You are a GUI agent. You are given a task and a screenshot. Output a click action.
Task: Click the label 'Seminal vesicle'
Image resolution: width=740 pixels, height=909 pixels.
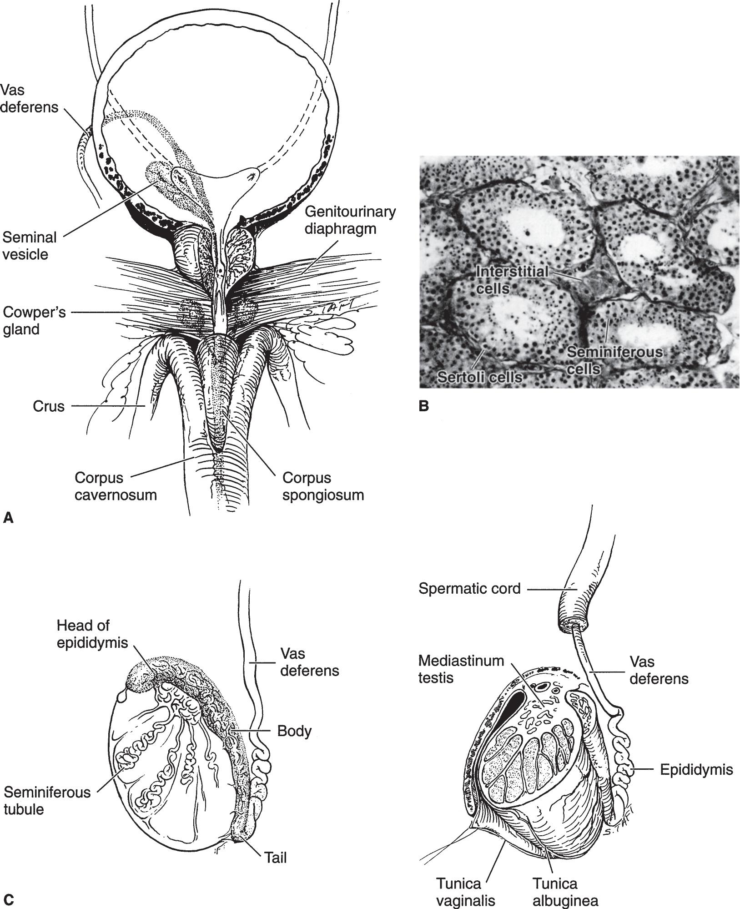pyautogui.click(x=30, y=246)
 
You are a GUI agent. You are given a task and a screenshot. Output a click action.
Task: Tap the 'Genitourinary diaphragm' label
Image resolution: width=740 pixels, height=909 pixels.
pyautogui.click(x=350, y=220)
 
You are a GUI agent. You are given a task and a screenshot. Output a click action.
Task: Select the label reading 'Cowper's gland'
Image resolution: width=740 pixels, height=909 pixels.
pyautogui.click(x=34, y=321)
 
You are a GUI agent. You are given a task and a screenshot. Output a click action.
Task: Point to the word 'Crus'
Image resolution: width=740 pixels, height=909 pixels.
pyautogui.click(x=49, y=406)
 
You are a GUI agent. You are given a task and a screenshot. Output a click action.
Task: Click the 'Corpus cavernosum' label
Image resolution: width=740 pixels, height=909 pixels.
pyautogui.click(x=116, y=486)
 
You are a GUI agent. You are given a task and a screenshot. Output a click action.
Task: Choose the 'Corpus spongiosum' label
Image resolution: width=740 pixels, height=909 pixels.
pyautogui.click(x=323, y=486)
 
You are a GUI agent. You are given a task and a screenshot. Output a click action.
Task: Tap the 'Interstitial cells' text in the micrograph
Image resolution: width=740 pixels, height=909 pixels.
pyautogui.click(x=512, y=279)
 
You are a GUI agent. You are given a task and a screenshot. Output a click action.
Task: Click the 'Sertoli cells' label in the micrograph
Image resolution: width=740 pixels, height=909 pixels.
pyautogui.click(x=479, y=376)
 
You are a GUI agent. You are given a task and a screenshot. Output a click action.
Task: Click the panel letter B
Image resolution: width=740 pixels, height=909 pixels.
pyautogui.click(x=423, y=406)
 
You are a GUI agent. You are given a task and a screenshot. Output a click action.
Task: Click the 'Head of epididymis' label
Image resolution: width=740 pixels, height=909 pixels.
pyautogui.click(x=92, y=634)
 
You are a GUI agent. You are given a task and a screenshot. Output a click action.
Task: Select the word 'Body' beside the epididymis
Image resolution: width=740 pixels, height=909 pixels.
pyautogui.click(x=294, y=731)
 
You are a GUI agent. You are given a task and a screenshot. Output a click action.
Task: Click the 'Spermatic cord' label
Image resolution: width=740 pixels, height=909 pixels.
pyautogui.click(x=469, y=588)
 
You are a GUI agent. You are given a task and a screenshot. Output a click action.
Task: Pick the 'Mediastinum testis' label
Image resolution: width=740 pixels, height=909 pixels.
pyautogui.click(x=461, y=669)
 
